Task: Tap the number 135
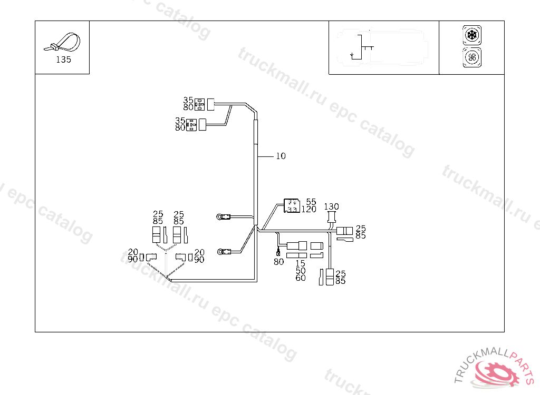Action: [x=63, y=60]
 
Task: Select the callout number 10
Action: [x=281, y=156]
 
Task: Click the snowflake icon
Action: [x=471, y=36]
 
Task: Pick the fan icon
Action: [x=471, y=57]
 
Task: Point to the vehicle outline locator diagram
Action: [x=383, y=47]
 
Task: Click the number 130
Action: [x=331, y=206]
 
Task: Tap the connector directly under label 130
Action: [x=332, y=218]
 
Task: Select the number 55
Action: [x=311, y=202]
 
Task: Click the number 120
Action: [x=308, y=209]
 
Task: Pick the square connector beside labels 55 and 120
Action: [x=292, y=205]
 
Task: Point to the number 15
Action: [x=300, y=263]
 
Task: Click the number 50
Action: [x=300, y=271]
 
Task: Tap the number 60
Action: [x=300, y=278]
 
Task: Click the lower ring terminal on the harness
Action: [x=224, y=251]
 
